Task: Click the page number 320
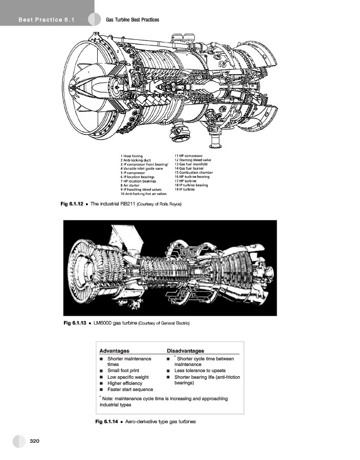click(x=35, y=440)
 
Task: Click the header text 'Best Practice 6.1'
click(x=47, y=20)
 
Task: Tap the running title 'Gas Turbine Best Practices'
click(x=132, y=20)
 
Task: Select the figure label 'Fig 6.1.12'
click(x=71, y=204)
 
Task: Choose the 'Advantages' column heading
click(x=114, y=351)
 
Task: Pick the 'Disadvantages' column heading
click(x=186, y=351)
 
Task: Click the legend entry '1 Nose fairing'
click(x=131, y=155)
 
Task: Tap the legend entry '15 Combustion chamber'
click(x=193, y=172)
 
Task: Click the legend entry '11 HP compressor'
click(x=188, y=155)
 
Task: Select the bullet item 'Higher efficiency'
click(x=125, y=383)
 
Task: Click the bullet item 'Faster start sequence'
click(x=130, y=389)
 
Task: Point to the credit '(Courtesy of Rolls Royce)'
click(x=160, y=204)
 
